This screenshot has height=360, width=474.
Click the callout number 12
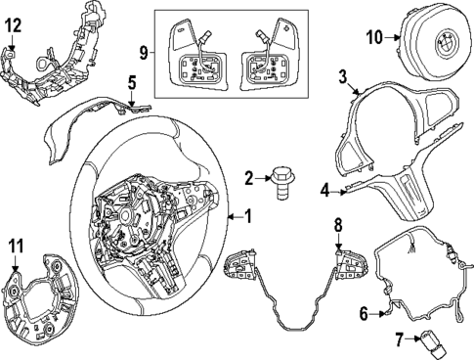(x=14, y=25)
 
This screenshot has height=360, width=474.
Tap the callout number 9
(x=144, y=53)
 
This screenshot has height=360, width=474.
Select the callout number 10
(x=374, y=37)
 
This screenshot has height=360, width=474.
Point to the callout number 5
(x=132, y=83)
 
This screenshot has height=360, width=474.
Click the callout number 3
(x=343, y=77)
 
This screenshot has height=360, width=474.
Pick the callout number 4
(x=324, y=191)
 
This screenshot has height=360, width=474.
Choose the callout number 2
(x=249, y=178)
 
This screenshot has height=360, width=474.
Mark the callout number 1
(x=248, y=217)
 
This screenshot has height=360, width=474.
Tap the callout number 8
(x=338, y=225)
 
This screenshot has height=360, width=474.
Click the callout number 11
(x=16, y=246)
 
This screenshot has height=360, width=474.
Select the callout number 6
(x=364, y=314)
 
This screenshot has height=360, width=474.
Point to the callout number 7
(x=400, y=339)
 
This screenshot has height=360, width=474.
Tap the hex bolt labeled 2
(x=282, y=183)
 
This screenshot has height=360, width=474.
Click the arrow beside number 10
(x=392, y=37)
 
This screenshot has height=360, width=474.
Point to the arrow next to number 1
(x=236, y=217)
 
